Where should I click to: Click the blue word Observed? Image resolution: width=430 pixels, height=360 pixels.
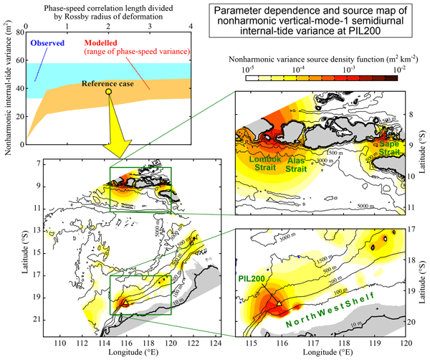click(46, 42)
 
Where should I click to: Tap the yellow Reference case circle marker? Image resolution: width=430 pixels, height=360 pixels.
click(109, 92)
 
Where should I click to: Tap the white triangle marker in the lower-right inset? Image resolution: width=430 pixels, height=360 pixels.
click(279, 303)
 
